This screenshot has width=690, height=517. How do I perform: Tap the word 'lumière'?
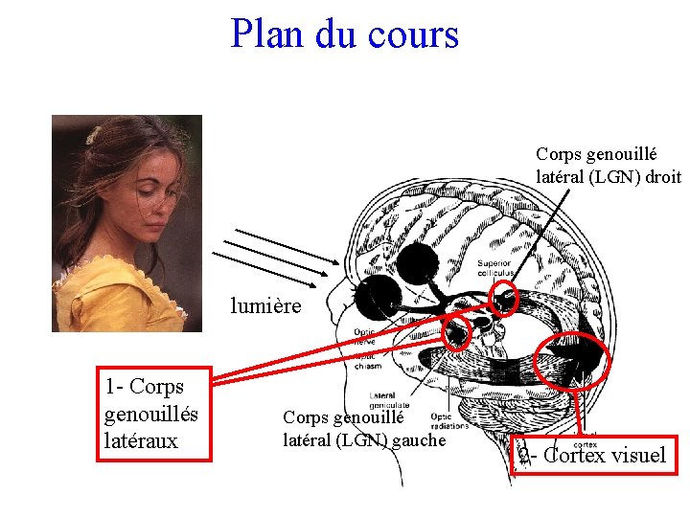coord(265,306)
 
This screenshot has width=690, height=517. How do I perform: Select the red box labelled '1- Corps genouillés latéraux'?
coord(157,415)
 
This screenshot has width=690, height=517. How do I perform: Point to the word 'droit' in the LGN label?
coord(662,176)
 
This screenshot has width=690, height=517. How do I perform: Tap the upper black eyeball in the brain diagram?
coord(418,259)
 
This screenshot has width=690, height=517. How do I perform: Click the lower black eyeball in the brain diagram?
coord(377,299)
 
